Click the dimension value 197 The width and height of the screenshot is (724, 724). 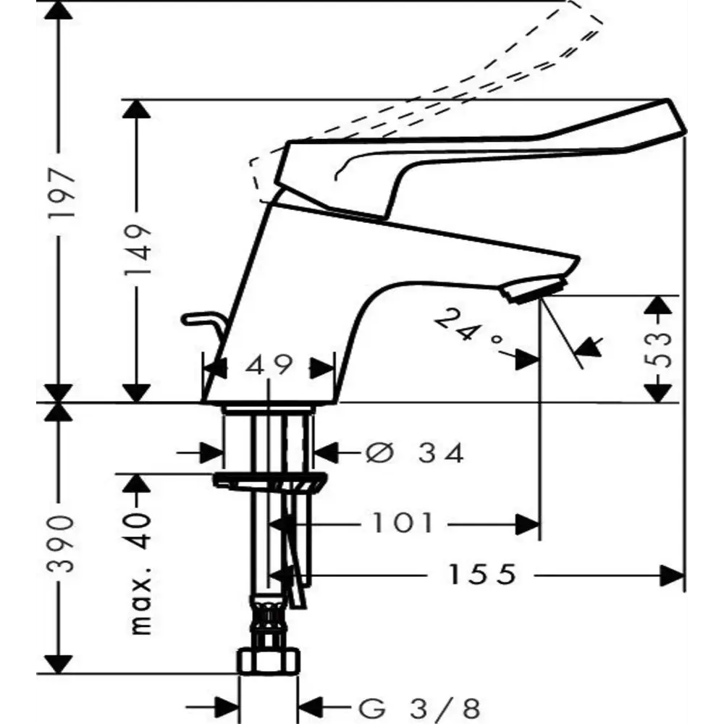[62, 194]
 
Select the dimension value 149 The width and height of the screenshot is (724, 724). [138, 250]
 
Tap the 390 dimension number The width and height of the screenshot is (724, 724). [62, 544]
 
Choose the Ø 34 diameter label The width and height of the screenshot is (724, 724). [414, 453]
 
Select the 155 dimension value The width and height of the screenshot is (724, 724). [481, 574]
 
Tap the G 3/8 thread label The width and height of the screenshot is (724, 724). [418, 707]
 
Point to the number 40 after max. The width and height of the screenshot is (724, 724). [138, 530]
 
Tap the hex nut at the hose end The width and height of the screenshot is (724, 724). [269, 661]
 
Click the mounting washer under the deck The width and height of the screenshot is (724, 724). [269, 481]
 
